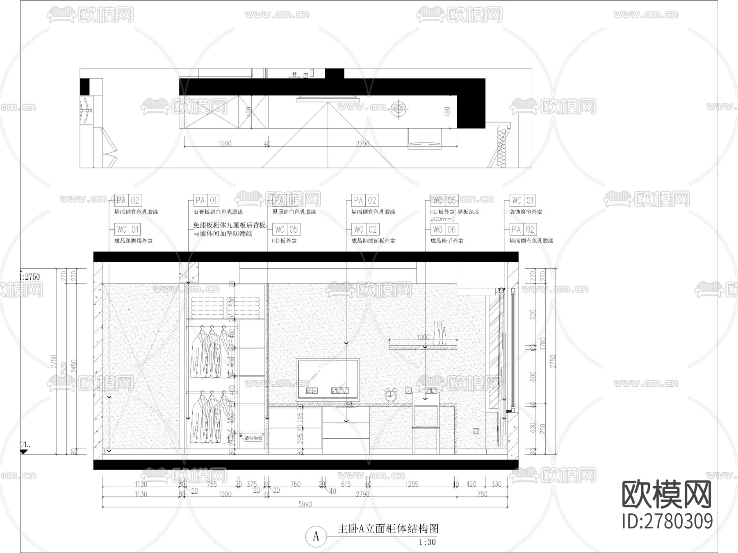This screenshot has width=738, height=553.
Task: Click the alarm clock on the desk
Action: pos(391,395)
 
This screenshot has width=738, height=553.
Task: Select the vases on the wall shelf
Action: pos(440,333)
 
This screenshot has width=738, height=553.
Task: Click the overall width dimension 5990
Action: pos(305,504)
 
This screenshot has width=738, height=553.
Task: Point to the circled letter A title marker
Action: pos(316,537)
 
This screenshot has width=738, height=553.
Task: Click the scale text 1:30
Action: pos(427,542)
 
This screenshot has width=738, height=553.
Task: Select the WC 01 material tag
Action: pos(523,200)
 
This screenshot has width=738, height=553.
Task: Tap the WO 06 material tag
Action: pos(444,229)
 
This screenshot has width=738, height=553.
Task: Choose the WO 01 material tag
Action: pos(128,229)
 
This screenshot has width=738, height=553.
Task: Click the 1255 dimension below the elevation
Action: pos(412,484)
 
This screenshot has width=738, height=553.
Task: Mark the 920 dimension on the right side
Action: pos(533,315)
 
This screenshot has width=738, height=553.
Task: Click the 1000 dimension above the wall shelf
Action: pos(423,338)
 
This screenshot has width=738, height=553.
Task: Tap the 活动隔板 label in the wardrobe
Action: pos(253,438)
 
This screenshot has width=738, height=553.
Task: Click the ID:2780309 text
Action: pos(667,521)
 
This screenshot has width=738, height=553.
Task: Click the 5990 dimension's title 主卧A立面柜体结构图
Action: pos(388,529)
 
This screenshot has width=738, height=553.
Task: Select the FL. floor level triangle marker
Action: pos(24,451)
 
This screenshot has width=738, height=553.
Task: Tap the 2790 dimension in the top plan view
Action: pos(362,144)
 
